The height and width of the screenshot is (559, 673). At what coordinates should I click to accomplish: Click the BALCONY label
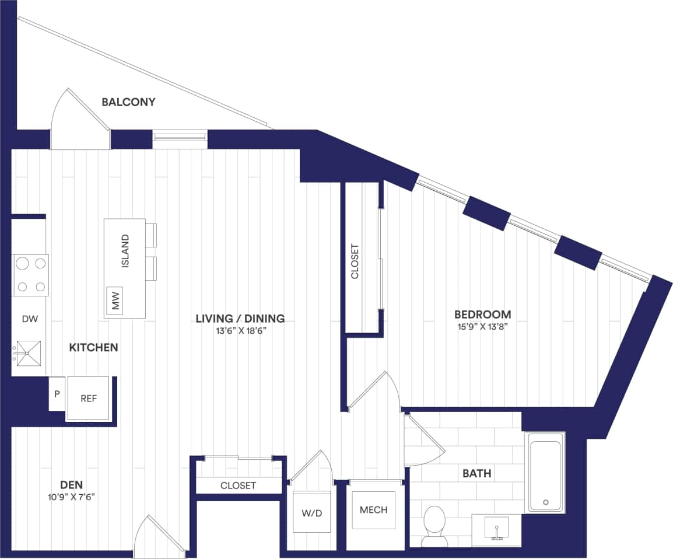point(128,102)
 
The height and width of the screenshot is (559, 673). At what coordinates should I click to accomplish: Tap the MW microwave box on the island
point(115,301)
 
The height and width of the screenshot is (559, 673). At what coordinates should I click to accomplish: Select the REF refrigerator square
point(88,399)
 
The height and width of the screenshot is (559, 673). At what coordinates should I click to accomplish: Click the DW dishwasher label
point(29,319)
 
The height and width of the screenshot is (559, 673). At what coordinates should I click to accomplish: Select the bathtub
point(545,473)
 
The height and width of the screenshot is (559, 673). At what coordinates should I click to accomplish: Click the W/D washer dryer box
point(311,512)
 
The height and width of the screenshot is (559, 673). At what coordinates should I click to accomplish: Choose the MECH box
point(373,510)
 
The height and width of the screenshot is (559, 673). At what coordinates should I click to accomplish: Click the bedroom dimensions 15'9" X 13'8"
point(483,327)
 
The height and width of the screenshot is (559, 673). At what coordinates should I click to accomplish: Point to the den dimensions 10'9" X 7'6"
point(71,497)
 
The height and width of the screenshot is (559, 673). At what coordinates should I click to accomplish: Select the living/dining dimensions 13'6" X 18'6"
point(240,331)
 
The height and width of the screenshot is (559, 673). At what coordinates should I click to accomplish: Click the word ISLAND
point(125,250)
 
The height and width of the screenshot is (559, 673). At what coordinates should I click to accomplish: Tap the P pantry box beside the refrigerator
point(57,394)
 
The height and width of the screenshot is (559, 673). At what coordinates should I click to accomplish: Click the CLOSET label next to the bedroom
point(355,261)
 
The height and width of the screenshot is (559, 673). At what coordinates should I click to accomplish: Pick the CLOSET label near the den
point(238,485)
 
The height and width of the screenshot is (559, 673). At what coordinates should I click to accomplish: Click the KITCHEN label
point(93,348)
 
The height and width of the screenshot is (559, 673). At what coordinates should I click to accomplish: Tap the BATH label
point(476,473)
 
